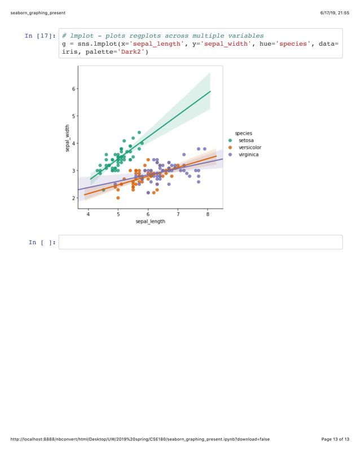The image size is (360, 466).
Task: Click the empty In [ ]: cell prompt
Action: (42, 242)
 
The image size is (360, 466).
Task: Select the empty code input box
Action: (200, 242)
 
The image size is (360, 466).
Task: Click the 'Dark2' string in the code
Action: (133, 52)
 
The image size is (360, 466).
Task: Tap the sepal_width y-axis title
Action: (67, 138)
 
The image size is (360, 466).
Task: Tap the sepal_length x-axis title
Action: (150, 222)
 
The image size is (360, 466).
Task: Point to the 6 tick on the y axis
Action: (72, 89)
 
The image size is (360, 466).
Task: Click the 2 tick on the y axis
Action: (72, 198)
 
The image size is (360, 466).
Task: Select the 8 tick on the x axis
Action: (208, 214)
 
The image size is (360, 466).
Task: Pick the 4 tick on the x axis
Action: (88, 214)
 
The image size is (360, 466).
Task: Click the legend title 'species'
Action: (244, 133)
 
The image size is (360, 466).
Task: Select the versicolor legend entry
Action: (249, 147)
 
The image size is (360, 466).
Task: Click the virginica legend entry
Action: (248, 154)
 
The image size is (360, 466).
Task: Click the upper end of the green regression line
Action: (210, 91)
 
